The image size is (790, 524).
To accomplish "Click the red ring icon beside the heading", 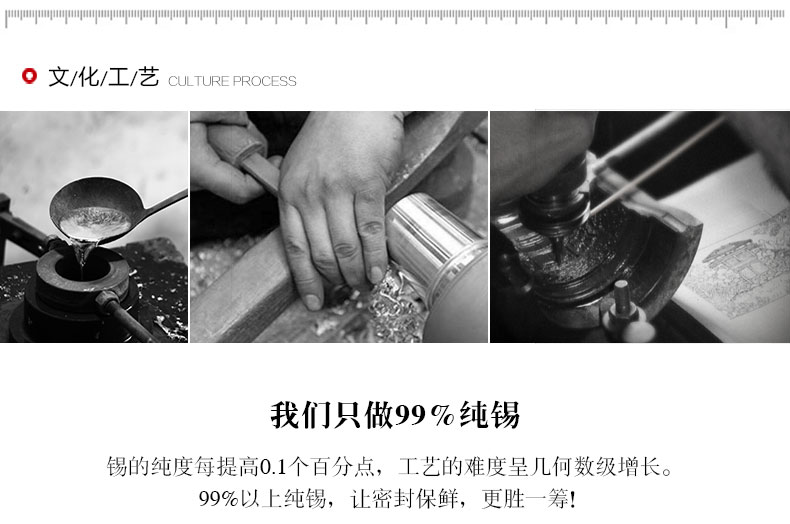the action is click(x=29, y=76).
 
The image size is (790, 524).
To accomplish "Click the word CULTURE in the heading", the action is click(x=199, y=81).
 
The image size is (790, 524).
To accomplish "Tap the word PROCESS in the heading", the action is click(x=265, y=81).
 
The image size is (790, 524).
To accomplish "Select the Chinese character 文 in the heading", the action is click(x=59, y=77).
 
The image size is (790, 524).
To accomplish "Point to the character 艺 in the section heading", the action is click(x=149, y=77).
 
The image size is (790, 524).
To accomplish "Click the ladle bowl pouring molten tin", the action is click(x=94, y=211).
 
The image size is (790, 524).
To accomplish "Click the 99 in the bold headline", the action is click(x=411, y=416).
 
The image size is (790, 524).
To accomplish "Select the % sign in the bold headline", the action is click(x=443, y=416).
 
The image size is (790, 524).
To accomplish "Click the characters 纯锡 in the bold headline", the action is click(x=489, y=416).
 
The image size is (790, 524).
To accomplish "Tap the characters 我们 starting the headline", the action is click(x=301, y=416).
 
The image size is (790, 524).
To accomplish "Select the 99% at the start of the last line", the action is click(x=219, y=499).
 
